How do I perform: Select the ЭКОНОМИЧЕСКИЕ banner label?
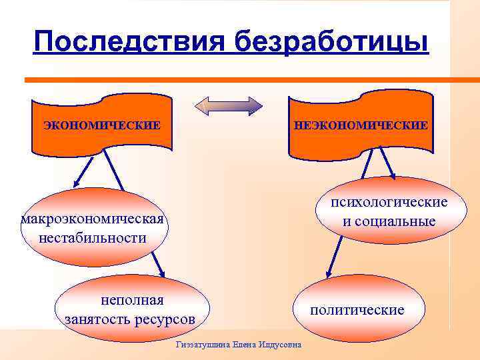coord(102,125)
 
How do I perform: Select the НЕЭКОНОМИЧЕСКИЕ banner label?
coord(361,125)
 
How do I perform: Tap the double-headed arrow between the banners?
coord(229,107)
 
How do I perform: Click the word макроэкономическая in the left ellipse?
coord(93,220)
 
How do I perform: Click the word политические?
coord(357,310)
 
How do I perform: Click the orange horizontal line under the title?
coord(233,80)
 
